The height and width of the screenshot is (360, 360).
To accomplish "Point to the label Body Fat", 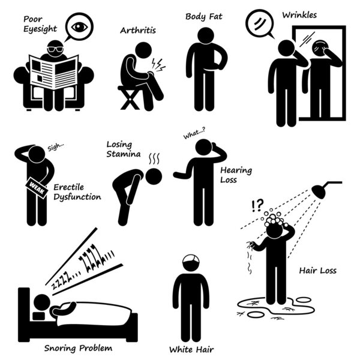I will (204, 16).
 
